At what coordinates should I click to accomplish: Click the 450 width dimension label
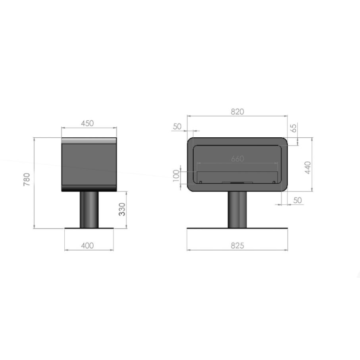point(88,123)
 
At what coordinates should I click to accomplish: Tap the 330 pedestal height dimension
point(122,210)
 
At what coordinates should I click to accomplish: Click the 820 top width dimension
point(237,112)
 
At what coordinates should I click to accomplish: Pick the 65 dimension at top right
point(294,128)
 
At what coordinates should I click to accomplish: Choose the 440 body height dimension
point(308,168)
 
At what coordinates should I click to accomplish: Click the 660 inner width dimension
point(237,159)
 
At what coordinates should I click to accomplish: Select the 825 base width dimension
point(237,246)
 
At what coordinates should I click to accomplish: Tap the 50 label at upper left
point(178,126)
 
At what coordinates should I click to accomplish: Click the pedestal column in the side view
point(89,209)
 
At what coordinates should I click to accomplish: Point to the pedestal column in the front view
point(237,209)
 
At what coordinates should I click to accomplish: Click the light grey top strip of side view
point(89,141)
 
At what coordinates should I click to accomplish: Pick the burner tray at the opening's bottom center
point(237,182)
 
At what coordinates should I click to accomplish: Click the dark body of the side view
point(89,166)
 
